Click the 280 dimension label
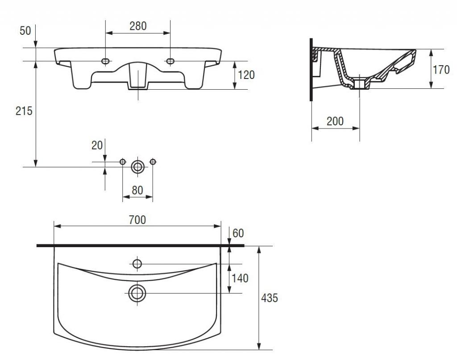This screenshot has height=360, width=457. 138,26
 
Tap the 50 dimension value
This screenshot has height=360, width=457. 25,31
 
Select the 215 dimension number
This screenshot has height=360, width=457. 24,111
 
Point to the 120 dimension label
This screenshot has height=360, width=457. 246,75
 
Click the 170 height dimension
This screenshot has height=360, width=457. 441,70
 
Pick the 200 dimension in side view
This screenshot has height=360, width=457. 335,121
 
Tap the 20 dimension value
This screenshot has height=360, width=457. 97,145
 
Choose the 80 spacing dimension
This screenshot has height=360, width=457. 137,190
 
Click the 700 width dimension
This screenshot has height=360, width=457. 137,220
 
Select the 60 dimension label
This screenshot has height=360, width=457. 238,233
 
